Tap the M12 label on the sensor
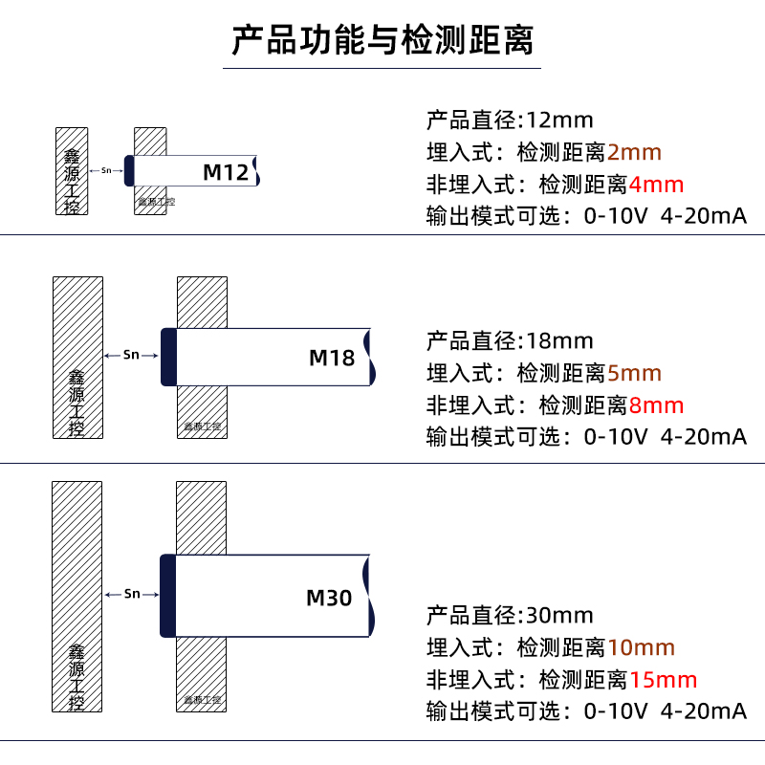(226, 172)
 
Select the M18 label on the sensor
(332, 358)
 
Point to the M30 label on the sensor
(329, 599)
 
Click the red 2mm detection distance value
(634, 152)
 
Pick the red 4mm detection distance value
(657, 184)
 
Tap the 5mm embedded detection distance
(634, 373)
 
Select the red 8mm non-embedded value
(657, 404)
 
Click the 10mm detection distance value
(642, 648)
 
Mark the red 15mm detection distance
(664, 680)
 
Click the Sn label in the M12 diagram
(106, 171)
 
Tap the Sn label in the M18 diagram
(132, 355)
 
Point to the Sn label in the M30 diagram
(132, 594)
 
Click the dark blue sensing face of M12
(129, 170)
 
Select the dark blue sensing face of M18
(169, 357)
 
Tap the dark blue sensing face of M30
(167, 596)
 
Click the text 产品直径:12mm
(510, 120)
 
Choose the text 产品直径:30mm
(510, 616)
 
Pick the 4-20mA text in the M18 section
(704, 437)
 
